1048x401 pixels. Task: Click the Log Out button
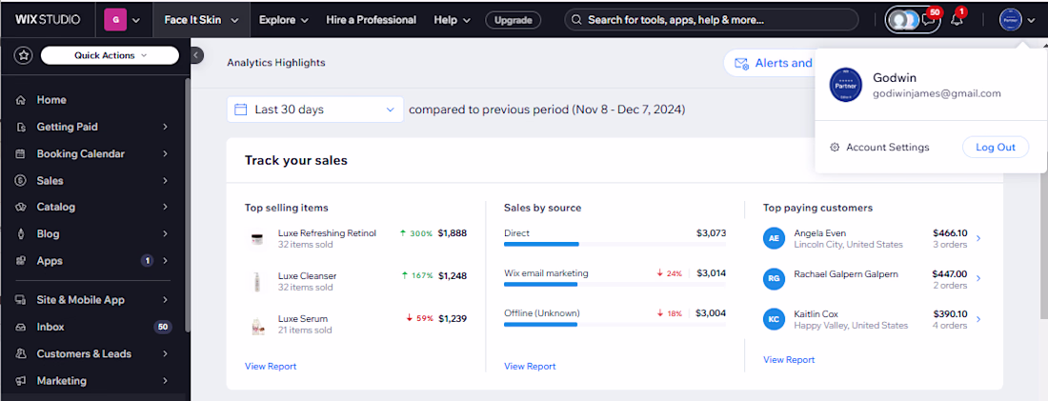pos(996,147)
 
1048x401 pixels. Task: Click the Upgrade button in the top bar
pos(514,20)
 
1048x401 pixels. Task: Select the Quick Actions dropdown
pos(110,55)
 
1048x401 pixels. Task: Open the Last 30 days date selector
pos(314,109)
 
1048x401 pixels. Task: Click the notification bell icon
pos(957,20)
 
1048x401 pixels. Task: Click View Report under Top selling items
pos(271,367)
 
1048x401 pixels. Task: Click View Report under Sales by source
pos(530,367)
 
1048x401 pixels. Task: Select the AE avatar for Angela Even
pos(774,238)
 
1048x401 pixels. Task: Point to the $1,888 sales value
pos(453,233)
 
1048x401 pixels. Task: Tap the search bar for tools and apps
pos(711,20)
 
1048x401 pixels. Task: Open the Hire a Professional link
pos(371,20)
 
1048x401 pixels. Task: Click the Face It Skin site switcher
pos(201,20)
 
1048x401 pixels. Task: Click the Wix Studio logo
pos(48,20)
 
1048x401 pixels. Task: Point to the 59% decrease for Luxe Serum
pos(420,319)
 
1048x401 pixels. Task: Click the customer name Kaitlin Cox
pos(816,314)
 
